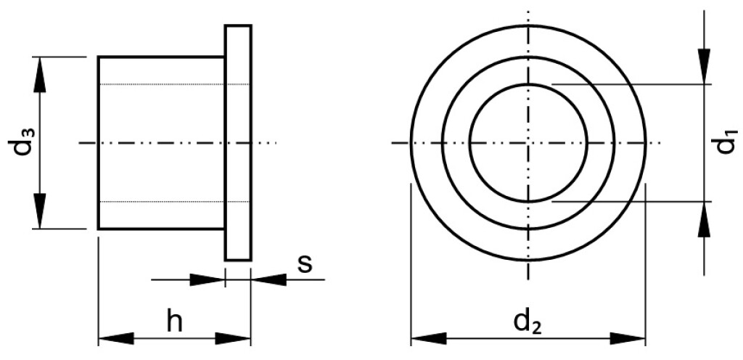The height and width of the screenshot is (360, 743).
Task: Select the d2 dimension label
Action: [528, 322]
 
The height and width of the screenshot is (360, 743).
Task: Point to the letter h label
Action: [175, 322]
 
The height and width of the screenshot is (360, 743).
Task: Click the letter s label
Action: [305, 264]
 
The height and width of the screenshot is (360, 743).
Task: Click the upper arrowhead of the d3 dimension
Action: [41, 75]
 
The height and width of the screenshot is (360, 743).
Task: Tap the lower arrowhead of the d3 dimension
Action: [41, 210]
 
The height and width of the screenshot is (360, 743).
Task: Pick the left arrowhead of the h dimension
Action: [116, 339]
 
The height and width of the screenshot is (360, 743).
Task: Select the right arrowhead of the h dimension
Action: [232, 339]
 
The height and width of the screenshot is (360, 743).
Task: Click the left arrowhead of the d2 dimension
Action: [428, 339]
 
